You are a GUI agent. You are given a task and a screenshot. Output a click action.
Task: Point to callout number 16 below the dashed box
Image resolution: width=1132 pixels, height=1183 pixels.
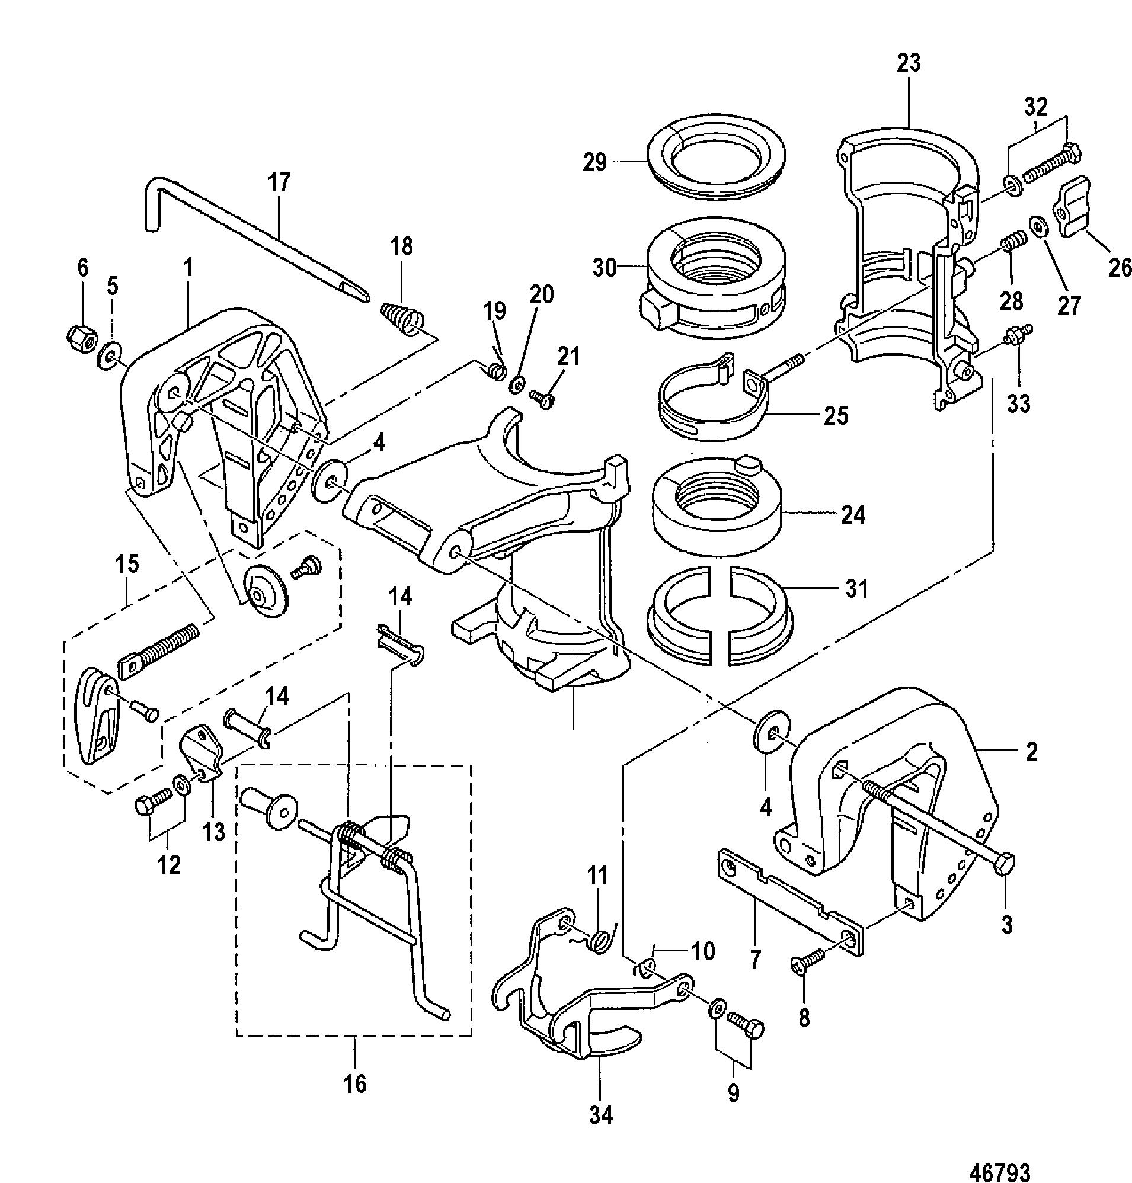pyautogui.click(x=355, y=1084)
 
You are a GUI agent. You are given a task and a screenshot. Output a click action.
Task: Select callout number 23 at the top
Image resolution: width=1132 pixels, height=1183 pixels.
pyautogui.click(x=909, y=63)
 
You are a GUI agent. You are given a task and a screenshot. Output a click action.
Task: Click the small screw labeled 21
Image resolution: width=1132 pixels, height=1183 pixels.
pyautogui.click(x=541, y=399)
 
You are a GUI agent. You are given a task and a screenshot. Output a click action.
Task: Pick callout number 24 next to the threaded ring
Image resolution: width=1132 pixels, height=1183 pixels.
pyautogui.click(x=853, y=515)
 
